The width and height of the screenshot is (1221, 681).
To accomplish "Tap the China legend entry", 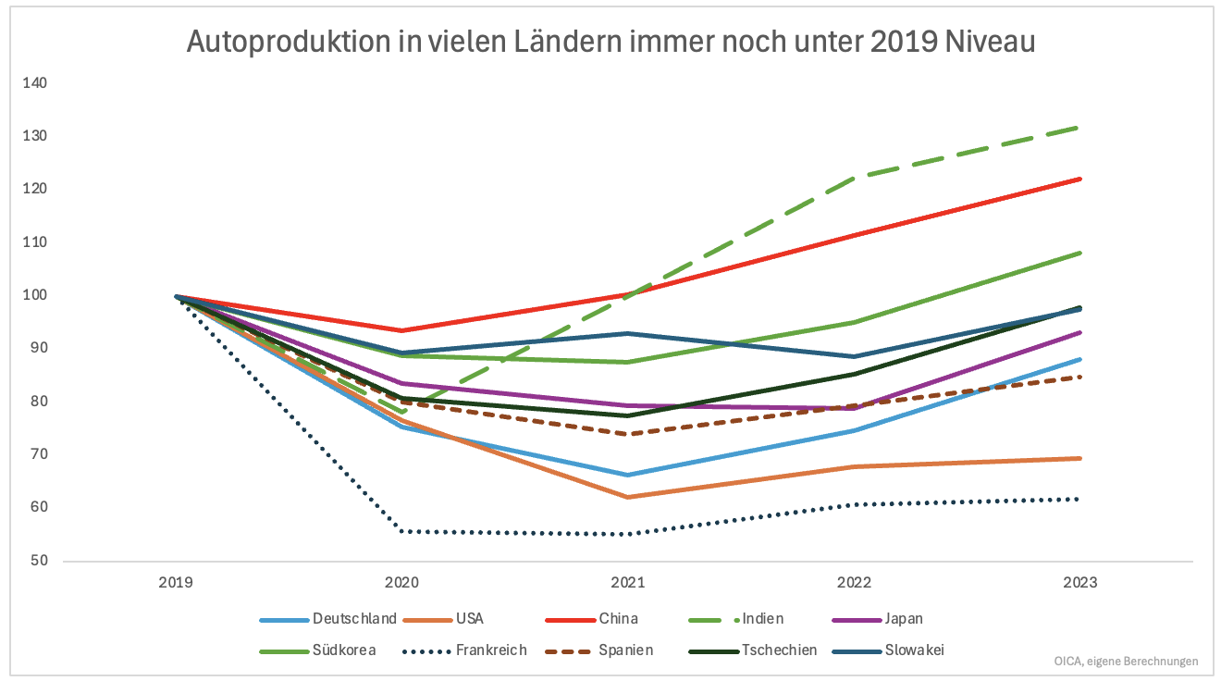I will click(x=619, y=619).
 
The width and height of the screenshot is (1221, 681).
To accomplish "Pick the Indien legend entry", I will click(x=763, y=619).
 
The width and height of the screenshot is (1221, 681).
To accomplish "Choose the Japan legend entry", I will click(x=904, y=619).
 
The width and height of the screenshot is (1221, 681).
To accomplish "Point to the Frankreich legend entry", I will click(x=491, y=650).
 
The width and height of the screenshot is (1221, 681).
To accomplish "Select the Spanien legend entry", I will click(x=625, y=650).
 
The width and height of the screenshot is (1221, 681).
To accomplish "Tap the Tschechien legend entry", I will click(x=779, y=650).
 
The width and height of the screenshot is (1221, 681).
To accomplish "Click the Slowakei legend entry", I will click(x=914, y=650).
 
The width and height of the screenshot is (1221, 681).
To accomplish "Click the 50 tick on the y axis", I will click(x=39, y=561).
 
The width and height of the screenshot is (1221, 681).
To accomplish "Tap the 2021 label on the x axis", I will click(x=628, y=583).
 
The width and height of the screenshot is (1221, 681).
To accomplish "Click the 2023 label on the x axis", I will click(x=1080, y=583).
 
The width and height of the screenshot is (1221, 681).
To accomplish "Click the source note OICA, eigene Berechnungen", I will click(x=1126, y=662).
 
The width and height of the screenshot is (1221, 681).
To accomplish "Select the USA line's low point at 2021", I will click(x=628, y=497).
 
